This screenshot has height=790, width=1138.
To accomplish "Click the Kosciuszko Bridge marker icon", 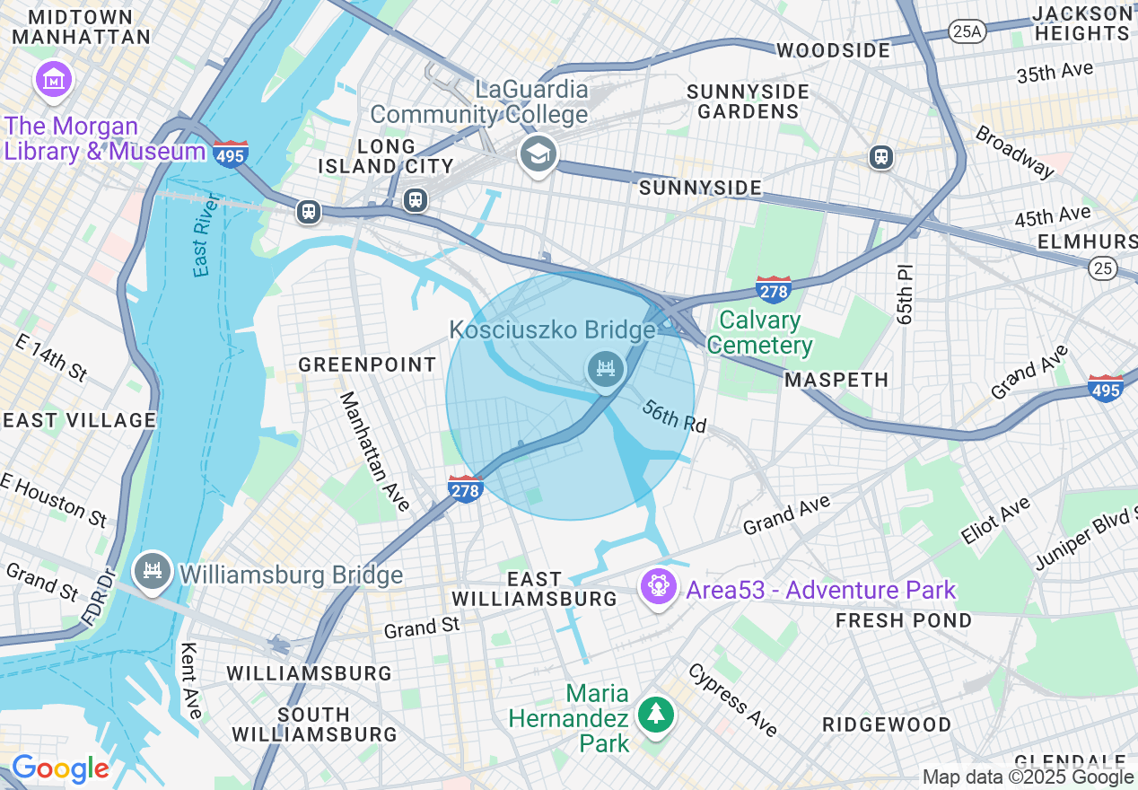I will pyautogui.click(x=606, y=369).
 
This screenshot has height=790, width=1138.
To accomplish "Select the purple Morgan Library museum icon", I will pyautogui.click(x=53, y=79).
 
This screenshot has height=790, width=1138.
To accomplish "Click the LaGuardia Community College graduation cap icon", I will pyautogui.click(x=538, y=154).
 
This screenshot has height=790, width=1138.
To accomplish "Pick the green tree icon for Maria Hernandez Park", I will pyautogui.click(x=656, y=715).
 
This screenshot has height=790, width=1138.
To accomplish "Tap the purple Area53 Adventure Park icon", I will pyautogui.click(x=659, y=587).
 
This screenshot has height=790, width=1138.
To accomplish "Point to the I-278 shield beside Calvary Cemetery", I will pyautogui.click(x=773, y=290).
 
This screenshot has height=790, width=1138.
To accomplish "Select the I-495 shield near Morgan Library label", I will pyautogui.click(x=231, y=154).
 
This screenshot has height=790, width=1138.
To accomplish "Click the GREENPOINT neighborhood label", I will pyautogui.click(x=367, y=364).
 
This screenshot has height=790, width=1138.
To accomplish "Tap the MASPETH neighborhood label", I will pyautogui.click(x=836, y=380).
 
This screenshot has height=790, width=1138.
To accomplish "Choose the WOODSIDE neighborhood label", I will pyautogui.click(x=834, y=50).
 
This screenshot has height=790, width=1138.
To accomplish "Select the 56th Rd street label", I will pyautogui.click(x=674, y=416).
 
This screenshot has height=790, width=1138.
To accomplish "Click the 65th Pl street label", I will pyautogui.click(x=904, y=294).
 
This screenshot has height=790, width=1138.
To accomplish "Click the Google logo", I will pyautogui.click(x=60, y=768).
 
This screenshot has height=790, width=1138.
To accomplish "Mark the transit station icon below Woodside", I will pyautogui.click(x=881, y=157).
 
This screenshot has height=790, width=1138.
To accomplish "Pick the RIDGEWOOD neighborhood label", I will pyautogui.click(x=887, y=724).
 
